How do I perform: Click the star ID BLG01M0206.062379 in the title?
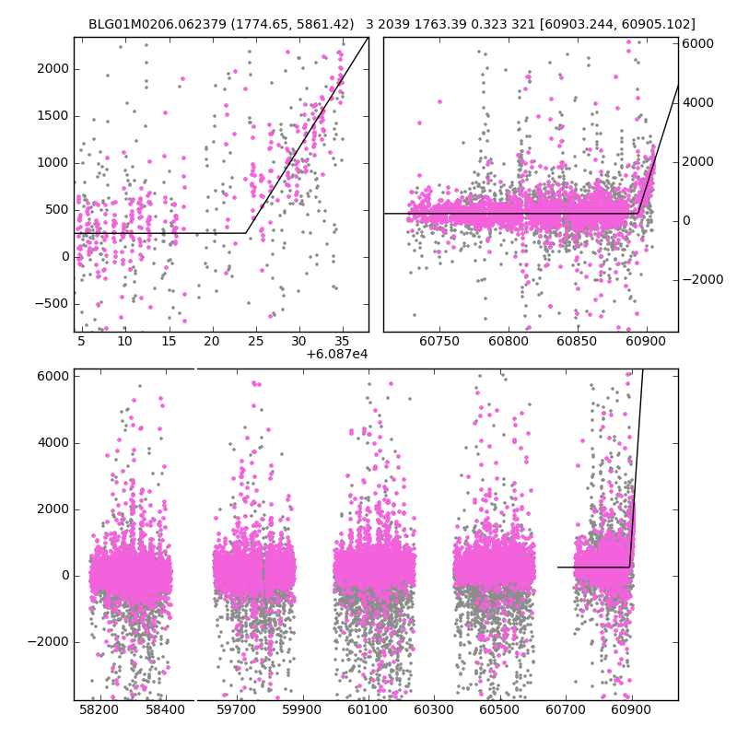[x=150, y=24]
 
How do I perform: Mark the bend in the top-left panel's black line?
[x=246, y=233]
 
